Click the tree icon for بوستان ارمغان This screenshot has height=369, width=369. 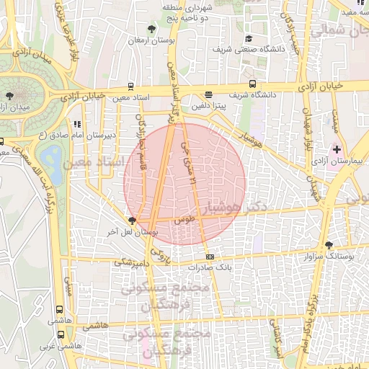(151, 29)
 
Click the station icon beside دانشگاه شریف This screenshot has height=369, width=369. (252, 84)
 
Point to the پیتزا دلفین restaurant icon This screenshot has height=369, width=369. (208, 94)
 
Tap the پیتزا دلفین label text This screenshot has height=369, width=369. (208, 105)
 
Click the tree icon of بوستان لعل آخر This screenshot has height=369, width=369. (131, 221)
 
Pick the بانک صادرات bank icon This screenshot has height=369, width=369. (210, 257)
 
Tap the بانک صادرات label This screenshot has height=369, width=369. (208, 267)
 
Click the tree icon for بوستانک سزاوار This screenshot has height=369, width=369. (329, 245)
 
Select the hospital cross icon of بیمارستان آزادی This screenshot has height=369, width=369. (336, 148)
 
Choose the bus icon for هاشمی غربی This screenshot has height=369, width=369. (61, 334)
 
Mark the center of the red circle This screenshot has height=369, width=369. (184, 183)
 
